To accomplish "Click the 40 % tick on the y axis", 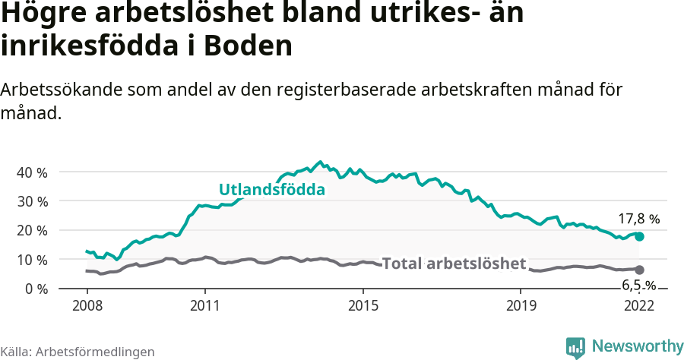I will click(31, 172).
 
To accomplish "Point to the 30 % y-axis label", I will click(31, 201).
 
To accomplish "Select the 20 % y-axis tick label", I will click(31, 231).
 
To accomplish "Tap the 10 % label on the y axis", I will click(31, 260).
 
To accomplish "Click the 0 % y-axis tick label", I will click(35, 289).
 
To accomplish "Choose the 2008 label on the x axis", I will click(87, 306).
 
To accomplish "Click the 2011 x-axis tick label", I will click(205, 306).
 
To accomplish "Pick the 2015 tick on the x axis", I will click(363, 306).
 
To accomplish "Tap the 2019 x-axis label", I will click(521, 306).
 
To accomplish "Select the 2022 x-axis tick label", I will click(639, 306).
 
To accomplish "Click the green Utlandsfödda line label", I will click(271, 190).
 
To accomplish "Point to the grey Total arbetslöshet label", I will click(454, 264).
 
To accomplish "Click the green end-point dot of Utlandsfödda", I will click(639, 237).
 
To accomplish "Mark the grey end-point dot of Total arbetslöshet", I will click(639, 270).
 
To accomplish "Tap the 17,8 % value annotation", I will click(638, 219).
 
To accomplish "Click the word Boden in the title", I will click(250, 46).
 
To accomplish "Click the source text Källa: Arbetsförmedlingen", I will click(78, 352).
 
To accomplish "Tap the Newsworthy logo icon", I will click(575, 347).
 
